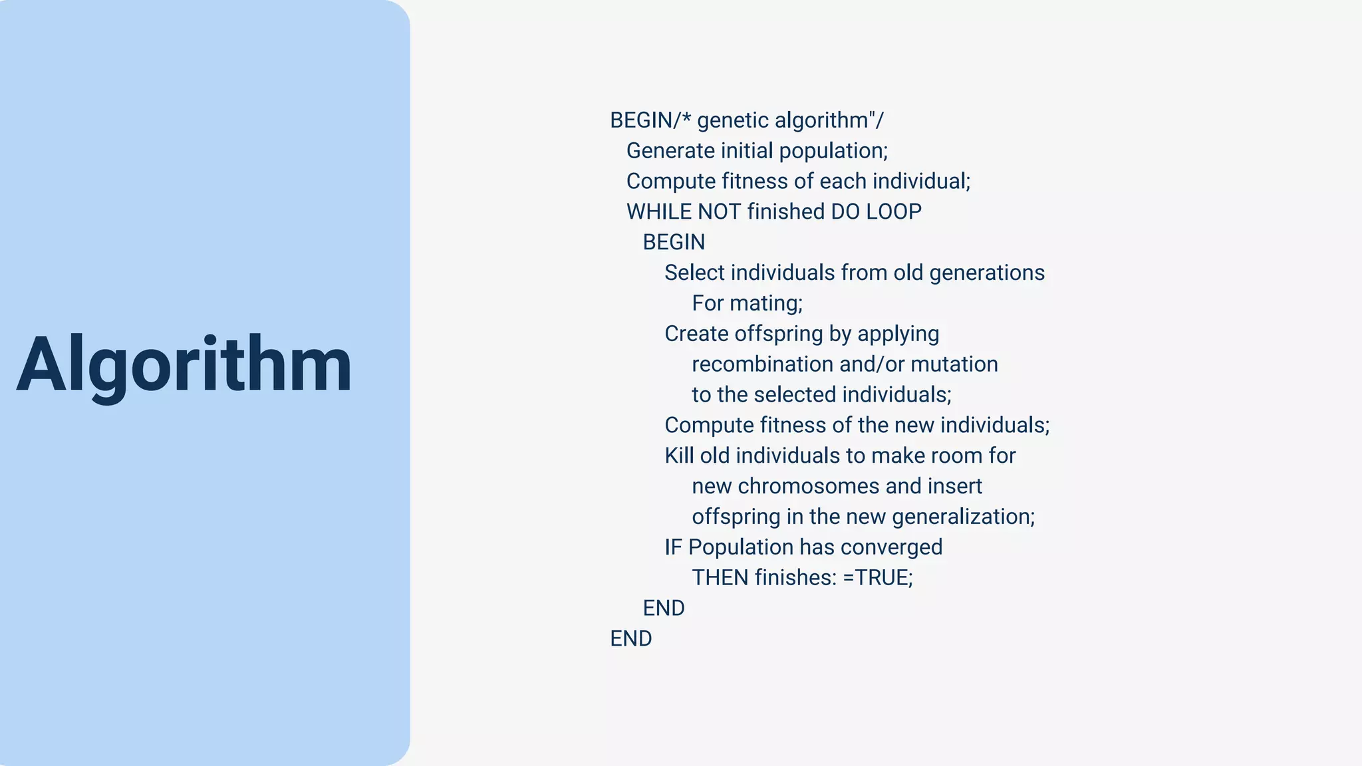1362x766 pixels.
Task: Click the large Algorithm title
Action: click(x=184, y=365)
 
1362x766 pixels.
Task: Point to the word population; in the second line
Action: click(x=833, y=151)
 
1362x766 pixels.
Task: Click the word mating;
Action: click(x=766, y=303)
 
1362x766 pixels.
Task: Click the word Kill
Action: click(x=679, y=455)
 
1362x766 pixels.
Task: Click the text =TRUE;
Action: click(x=878, y=578)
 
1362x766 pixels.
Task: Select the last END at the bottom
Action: click(x=630, y=638)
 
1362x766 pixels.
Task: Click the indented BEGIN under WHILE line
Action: click(x=673, y=242)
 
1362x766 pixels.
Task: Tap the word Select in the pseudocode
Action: click(x=694, y=273)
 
